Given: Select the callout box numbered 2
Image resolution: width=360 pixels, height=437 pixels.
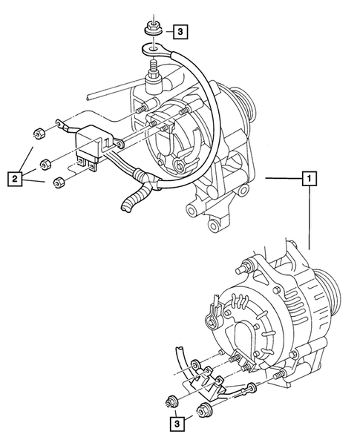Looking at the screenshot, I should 13,177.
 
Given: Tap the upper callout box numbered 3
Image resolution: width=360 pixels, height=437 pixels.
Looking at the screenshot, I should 182,31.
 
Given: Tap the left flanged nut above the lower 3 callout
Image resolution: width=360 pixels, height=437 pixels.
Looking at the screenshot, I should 171,403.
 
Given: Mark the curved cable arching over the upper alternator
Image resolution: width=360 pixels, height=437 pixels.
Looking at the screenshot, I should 194,74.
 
